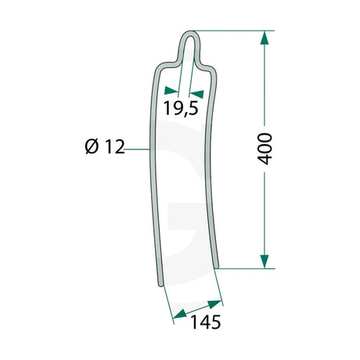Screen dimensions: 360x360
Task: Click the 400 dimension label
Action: tap(265, 149)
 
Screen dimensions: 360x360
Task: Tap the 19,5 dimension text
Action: tap(181, 108)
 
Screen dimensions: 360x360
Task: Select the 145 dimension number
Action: tap(206, 322)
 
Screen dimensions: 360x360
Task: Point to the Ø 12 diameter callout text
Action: tap(105, 146)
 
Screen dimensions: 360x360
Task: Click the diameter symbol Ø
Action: tap(92, 146)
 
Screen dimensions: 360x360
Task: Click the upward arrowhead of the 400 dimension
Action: tap(265, 38)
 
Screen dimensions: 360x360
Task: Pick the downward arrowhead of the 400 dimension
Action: tap(265, 261)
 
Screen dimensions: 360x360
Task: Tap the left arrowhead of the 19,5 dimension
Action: tap(171, 91)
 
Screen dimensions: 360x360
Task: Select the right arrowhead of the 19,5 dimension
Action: tap(196, 94)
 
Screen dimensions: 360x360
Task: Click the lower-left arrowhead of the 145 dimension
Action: tap(180, 315)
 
